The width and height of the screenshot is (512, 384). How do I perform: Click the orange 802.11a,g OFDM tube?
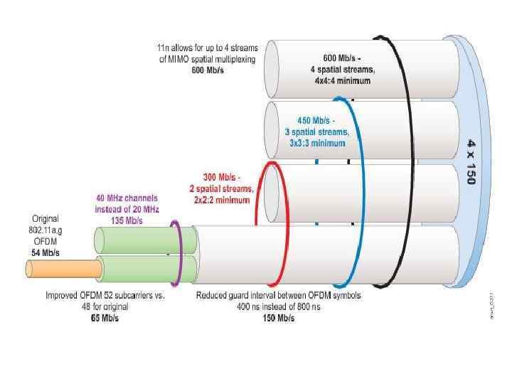click(x=64, y=268)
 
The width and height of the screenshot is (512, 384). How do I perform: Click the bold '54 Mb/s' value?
click(x=45, y=252)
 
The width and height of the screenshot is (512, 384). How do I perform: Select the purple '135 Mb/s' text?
click(x=128, y=220)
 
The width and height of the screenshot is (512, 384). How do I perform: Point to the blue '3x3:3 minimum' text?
click(x=316, y=143)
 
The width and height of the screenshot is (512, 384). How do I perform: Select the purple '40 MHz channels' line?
click(x=127, y=198)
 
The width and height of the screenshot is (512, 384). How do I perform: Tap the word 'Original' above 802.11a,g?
click(x=44, y=218)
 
